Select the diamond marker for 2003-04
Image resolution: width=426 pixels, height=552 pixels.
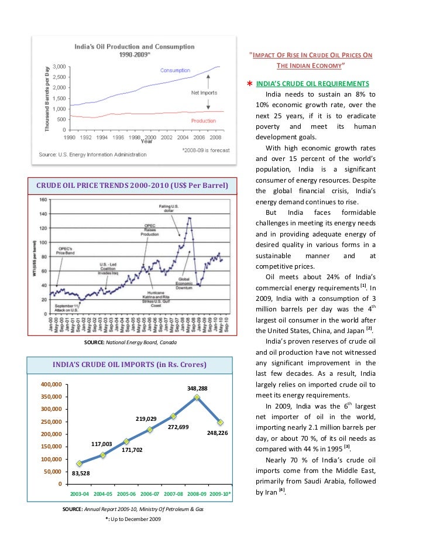point(79,464)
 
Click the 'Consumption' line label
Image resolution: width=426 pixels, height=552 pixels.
point(176,70)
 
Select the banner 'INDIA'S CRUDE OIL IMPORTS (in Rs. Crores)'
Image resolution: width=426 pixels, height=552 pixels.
point(129,365)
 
